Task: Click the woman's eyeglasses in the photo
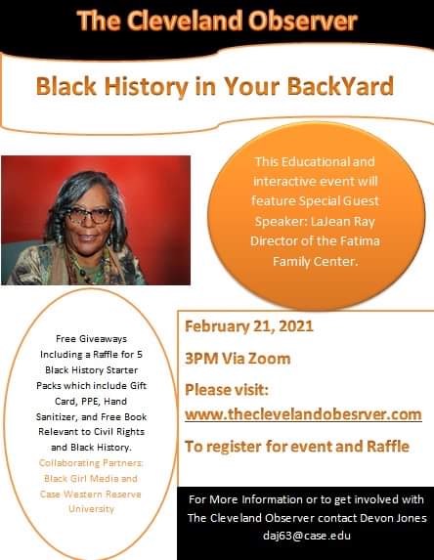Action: pyautogui.click(x=89, y=214)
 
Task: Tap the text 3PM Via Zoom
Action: pyautogui.click(x=238, y=358)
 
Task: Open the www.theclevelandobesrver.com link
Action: pyautogui.click(x=302, y=414)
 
